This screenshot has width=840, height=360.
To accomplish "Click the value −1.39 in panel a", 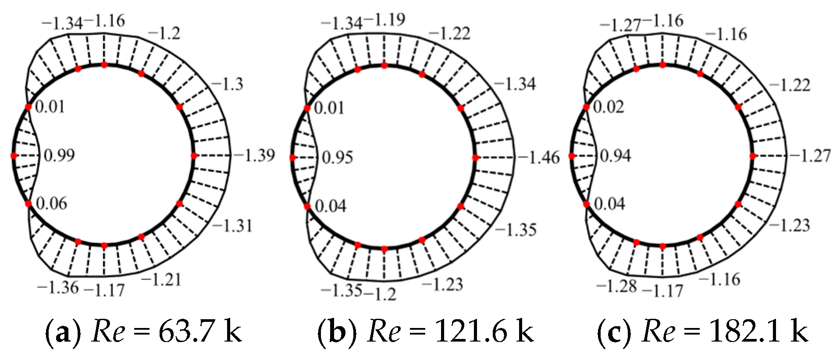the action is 254,155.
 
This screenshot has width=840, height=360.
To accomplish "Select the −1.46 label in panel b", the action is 539,157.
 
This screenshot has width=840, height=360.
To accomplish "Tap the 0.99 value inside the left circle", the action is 60,155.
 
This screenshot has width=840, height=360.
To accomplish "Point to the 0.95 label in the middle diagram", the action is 338,157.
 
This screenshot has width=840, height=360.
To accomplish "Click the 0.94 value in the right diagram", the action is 616,156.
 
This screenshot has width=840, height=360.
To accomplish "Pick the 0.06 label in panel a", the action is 52,203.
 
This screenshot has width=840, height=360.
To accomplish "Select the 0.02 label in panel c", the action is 609,107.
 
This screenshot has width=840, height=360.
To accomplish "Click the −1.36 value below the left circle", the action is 58,288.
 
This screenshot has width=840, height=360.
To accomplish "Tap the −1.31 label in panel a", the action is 232,226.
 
